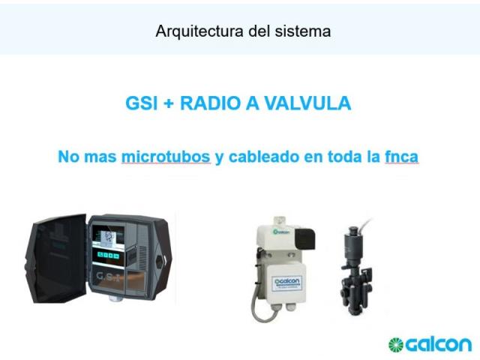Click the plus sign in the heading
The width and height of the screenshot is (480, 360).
pos(169,103)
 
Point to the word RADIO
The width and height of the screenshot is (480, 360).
pos(210,103)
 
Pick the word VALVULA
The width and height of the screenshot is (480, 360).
pos(307,103)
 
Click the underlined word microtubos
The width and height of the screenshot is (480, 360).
pos(166,157)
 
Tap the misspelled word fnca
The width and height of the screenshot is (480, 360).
pos(401,157)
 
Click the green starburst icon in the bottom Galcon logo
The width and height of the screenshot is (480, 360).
pos(396,345)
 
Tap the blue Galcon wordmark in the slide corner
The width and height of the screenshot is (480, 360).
pos(438,345)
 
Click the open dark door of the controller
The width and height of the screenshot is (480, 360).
pos(56,259)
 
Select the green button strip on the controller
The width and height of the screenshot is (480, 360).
pos(108,255)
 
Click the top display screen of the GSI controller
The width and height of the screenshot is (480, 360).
pos(108,238)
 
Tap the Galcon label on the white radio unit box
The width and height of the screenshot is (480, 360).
pos(286,283)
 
